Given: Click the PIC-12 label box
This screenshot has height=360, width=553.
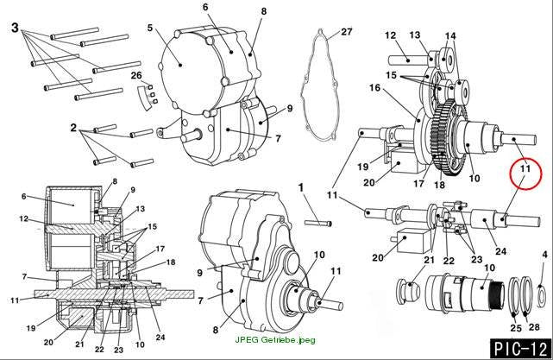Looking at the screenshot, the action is [520, 349].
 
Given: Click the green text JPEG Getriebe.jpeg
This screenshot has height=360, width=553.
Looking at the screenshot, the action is [275, 340].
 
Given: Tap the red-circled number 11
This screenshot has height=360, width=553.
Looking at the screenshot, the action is [525, 168].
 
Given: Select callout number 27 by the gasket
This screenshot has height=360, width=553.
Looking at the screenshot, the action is [346, 32].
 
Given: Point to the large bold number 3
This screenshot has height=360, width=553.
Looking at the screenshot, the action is [15, 28].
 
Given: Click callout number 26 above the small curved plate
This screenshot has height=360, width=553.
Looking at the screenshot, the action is [136, 75].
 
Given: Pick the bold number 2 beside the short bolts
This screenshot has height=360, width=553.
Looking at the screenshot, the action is [73, 128].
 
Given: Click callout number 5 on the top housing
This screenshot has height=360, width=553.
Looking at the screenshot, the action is [150, 28].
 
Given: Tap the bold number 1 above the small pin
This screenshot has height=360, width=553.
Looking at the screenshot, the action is [301, 187].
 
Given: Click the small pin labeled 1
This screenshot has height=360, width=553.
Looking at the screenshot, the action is [318, 223].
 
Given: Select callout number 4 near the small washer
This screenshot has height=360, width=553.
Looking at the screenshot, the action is [545, 255].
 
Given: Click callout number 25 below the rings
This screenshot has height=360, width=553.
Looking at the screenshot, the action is [516, 328].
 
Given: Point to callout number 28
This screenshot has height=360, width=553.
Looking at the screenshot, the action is [534, 327].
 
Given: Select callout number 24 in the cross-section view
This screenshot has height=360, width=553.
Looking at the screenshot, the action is [160, 337].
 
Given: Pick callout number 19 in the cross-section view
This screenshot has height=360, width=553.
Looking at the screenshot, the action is [31, 328].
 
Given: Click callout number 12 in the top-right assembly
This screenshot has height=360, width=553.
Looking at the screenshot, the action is [391, 35].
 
